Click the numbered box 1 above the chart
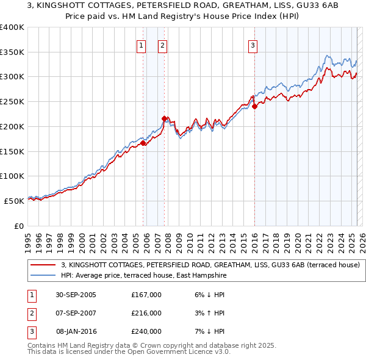click(142, 45)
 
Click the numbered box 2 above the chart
click(163, 45)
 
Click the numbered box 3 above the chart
click(253, 45)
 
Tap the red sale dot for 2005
click(143, 143)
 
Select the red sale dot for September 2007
click(164, 118)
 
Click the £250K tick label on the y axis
click(12, 101)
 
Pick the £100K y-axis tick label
click(12, 176)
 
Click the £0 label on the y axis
click(18, 225)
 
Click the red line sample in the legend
click(43, 265)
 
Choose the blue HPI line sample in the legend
click(43, 276)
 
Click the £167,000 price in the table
click(146, 295)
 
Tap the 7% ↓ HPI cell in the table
click(207, 331)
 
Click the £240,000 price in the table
click(146, 331)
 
